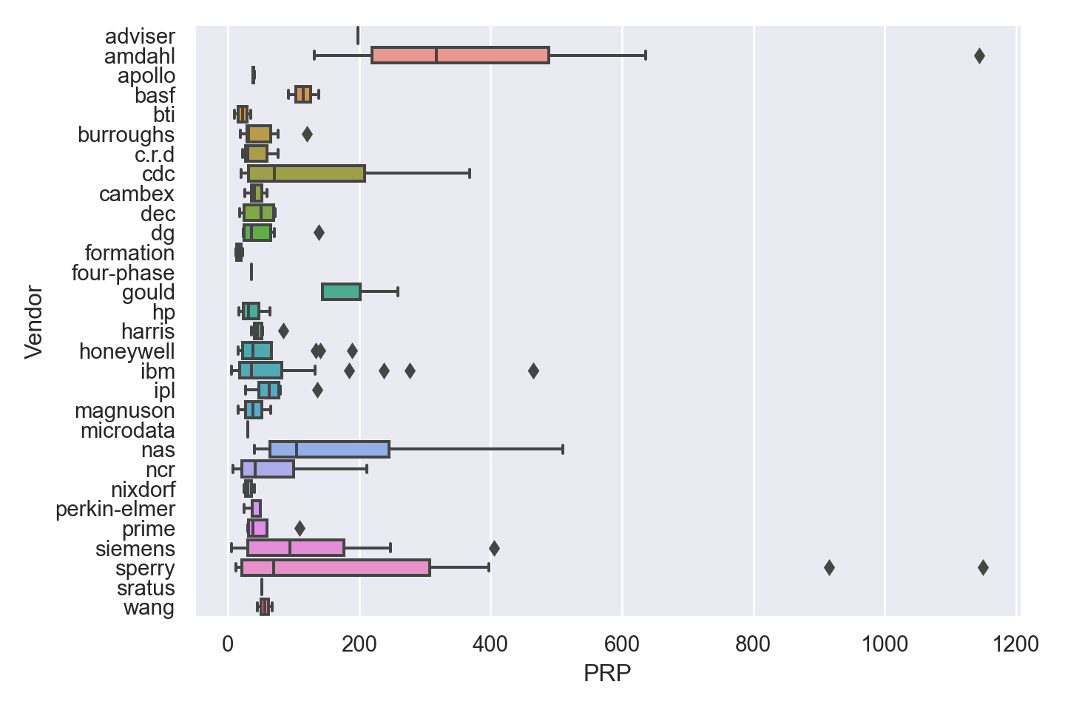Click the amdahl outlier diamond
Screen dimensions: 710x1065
pyautogui.click(x=979, y=55)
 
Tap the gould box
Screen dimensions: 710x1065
pyautogui.click(x=341, y=292)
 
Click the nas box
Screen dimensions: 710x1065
pyautogui.click(x=329, y=450)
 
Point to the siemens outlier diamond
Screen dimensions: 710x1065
pyautogui.click(x=494, y=548)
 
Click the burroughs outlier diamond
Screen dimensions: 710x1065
pyautogui.click(x=307, y=134)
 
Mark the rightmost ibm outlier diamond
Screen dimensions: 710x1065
pyautogui.click(x=533, y=371)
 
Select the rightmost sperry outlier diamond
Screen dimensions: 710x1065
pyautogui.click(x=983, y=567)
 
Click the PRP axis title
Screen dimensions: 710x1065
pyautogui.click(x=606, y=674)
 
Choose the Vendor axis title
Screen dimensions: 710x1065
pyautogui.click(x=34, y=322)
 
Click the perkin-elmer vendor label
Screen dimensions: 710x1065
pyautogui.click(x=115, y=509)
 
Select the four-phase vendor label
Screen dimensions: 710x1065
pyautogui.click(x=123, y=272)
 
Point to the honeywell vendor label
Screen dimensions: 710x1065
pyautogui.click(x=127, y=351)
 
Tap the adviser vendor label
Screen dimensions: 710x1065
pyautogui.click(x=140, y=36)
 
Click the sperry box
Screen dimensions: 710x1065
pyautogui.click(x=335, y=568)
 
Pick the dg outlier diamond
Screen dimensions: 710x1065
pyautogui.click(x=319, y=233)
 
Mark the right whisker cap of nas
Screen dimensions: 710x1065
pyautogui.click(x=563, y=450)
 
